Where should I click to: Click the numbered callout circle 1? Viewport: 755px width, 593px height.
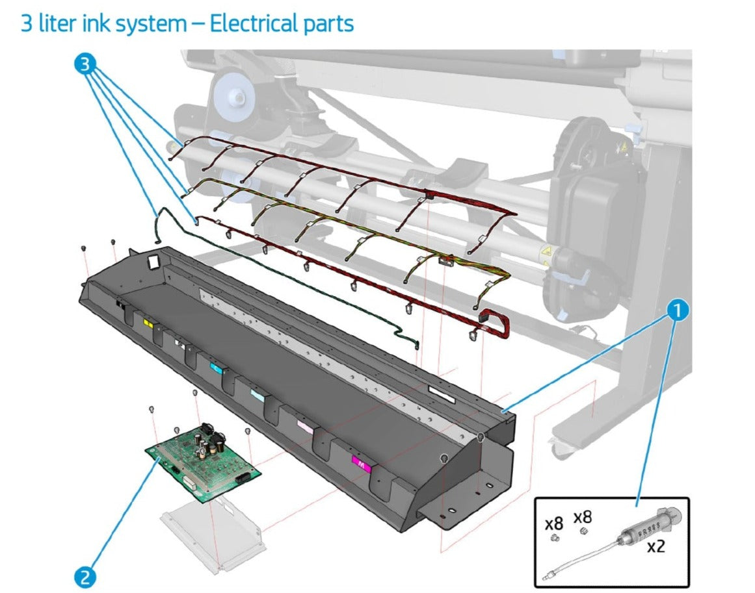[676, 311]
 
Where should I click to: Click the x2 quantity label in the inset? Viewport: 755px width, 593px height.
[656, 546]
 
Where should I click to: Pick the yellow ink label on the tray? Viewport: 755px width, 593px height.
[148, 322]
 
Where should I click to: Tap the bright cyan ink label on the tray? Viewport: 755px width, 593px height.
[217, 368]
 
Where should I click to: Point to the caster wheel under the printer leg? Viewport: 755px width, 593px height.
[561, 446]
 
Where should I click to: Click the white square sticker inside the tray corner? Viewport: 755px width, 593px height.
[154, 261]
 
